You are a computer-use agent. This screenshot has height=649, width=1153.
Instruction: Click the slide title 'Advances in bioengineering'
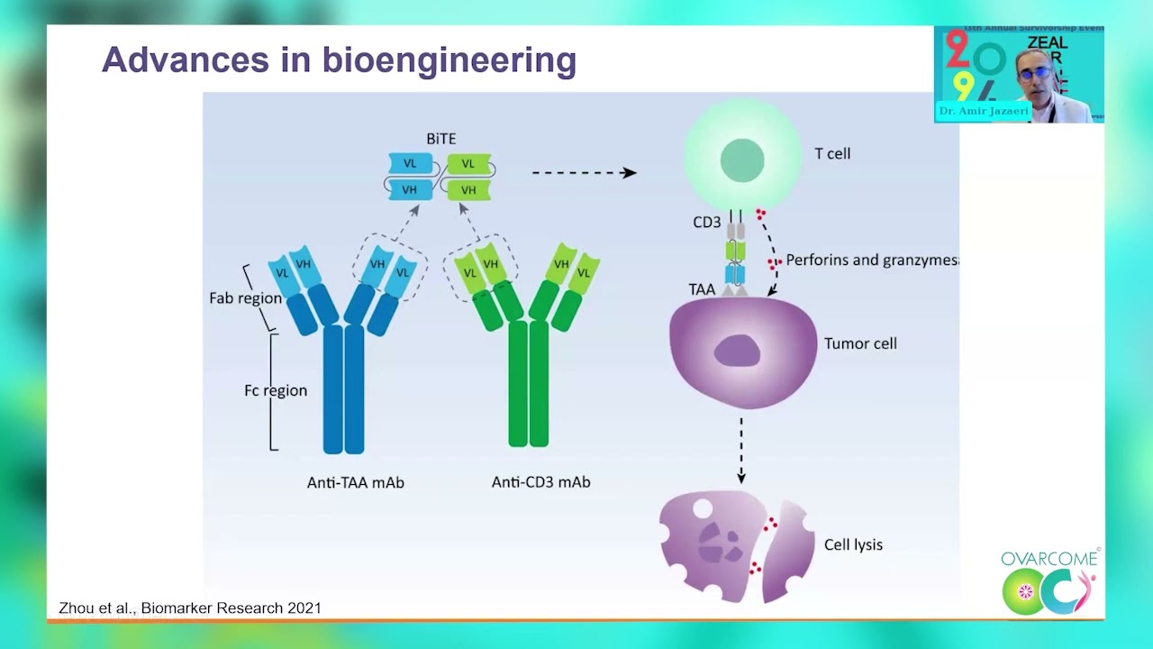[x=339, y=60]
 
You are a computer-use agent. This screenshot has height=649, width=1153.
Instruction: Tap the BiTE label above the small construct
[x=441, y=139]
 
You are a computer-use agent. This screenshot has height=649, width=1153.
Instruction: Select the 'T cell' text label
[x=832, y=153]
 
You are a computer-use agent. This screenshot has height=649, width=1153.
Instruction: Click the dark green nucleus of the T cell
[x=742, y=161]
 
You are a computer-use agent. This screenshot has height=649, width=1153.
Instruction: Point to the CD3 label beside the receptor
[x=706, y=222]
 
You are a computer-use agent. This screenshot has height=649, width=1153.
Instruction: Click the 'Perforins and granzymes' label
[x=870, y=260]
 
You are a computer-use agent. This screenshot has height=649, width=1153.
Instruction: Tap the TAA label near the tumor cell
[x=702, y=289]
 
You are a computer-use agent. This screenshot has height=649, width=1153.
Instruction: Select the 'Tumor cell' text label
[x=860, y=343]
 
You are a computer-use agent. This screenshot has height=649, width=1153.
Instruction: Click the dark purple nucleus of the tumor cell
[x=738, y=351]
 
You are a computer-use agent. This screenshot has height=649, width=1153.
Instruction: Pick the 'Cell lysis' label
[x=853, y=544]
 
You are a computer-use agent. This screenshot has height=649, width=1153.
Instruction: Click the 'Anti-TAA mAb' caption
[x=356, y=482]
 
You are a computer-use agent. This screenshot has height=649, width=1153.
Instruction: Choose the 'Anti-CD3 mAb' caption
[x=540, y=482]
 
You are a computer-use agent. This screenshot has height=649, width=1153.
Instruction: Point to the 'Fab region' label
[x=245, y=297]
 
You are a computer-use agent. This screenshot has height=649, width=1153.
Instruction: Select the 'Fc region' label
[x=276, y=390]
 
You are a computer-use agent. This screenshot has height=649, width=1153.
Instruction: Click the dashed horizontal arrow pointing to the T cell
[x=584, y=172]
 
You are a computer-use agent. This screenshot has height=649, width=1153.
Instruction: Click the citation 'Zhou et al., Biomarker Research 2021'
[x=190, y=608]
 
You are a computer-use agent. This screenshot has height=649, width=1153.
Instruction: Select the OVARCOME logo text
[x=1049, y=559]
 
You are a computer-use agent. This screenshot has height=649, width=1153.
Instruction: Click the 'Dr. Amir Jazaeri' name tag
[x=983, y=111]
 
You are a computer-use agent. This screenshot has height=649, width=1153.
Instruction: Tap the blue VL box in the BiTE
[x=410, y=164]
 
